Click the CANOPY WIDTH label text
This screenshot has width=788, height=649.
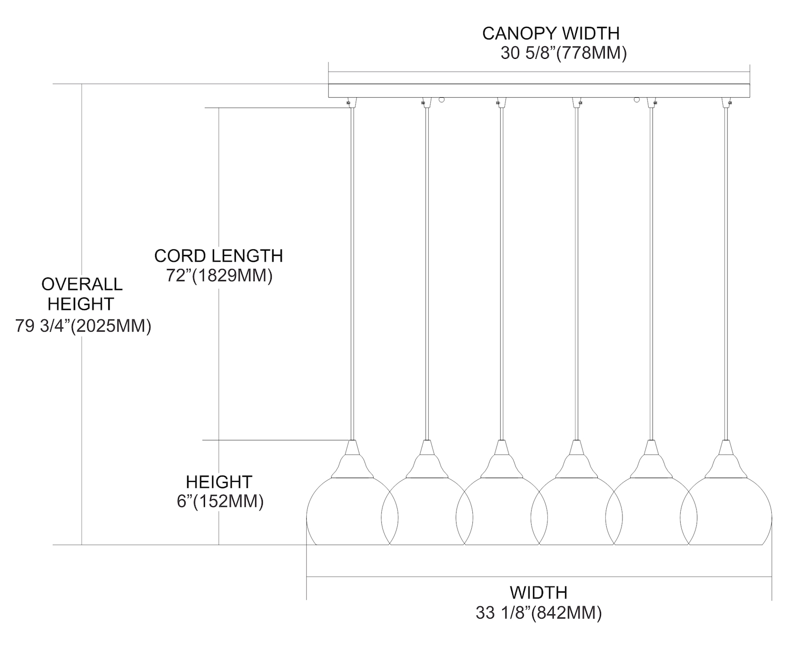tap(551, 34)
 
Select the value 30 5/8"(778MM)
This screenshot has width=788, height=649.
tap(564, 54)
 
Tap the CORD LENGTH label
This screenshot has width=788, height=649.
tap(219, 256)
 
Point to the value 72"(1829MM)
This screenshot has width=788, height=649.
tap(220, 276)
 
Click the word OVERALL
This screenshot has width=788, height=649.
tap(82, 284)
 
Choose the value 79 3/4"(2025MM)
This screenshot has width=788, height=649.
tap(84, 326)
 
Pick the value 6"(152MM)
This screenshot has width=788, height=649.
tap(220, 502)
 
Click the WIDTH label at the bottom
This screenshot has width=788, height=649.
tap(538, 593)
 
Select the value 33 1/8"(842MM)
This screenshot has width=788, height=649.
tap(538, 613)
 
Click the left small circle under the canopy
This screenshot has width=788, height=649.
tap(442, 99)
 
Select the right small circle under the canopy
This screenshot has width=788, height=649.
tap(637, 99)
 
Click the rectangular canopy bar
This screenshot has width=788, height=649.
tap(538, 90)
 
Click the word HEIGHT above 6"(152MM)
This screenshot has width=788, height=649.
tap(219, 482)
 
